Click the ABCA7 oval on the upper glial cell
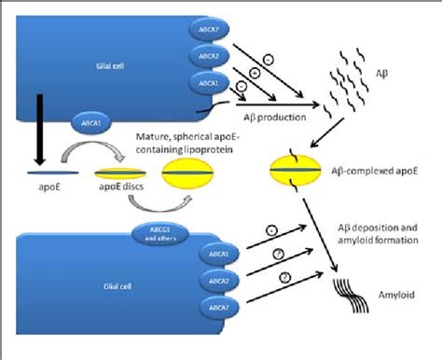point(206,28)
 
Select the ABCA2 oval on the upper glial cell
point(206,56)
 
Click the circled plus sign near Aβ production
point(255,72)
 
